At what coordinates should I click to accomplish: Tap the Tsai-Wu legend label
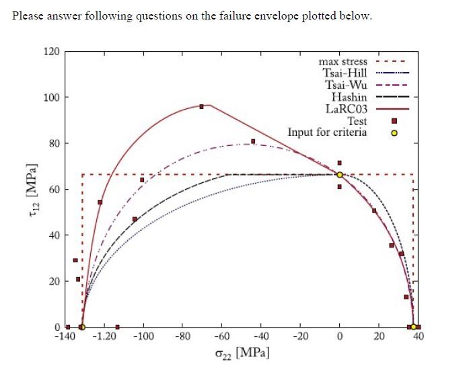coord(346,85)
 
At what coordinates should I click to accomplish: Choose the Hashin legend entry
coord(349,97)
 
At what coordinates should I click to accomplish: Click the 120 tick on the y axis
coord(52,51)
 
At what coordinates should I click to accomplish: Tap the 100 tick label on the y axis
coord(52,98)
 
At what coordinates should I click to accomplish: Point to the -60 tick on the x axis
coord(221,336)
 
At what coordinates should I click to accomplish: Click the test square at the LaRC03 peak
coord(201,106)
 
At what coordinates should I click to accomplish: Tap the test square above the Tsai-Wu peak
coord(253,141)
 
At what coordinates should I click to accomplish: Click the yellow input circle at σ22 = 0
coord(340,175)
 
